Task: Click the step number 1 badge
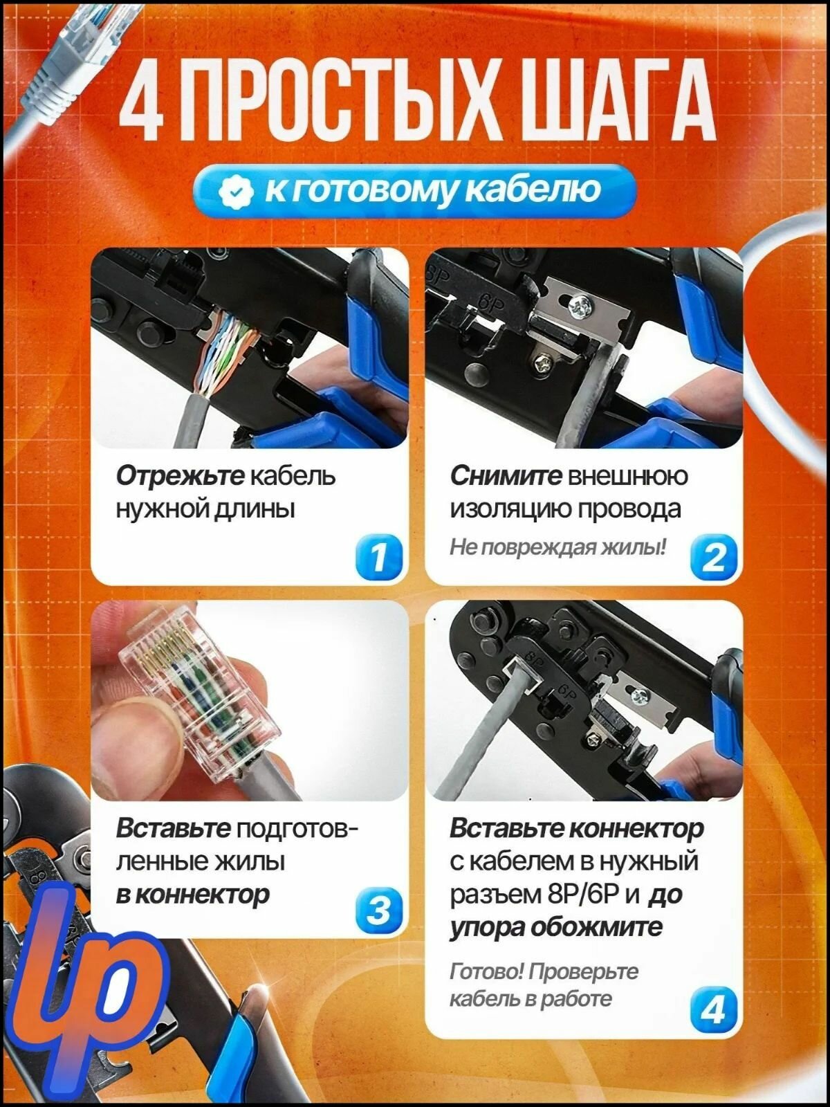379,557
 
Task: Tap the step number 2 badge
714,557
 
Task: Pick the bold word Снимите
506,476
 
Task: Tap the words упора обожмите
555,928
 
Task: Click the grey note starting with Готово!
544,985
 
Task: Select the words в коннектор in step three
193,895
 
